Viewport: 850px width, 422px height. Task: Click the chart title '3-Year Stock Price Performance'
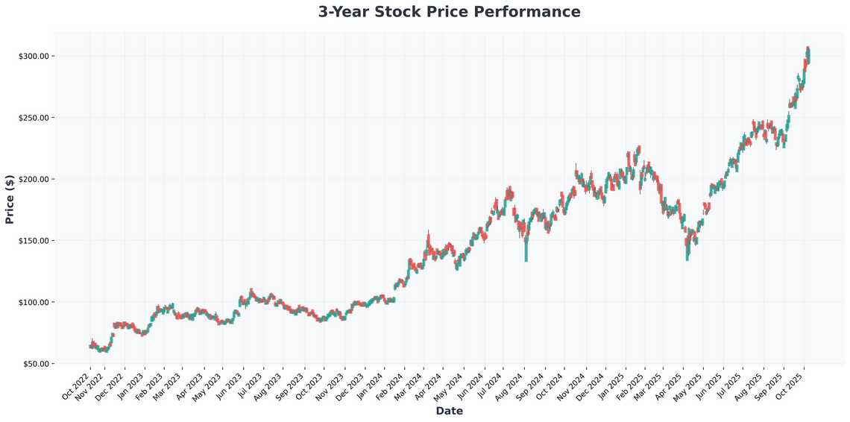[449, 12]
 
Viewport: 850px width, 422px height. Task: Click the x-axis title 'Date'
[449, 411]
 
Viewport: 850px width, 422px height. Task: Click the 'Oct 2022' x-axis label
[76, 385]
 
